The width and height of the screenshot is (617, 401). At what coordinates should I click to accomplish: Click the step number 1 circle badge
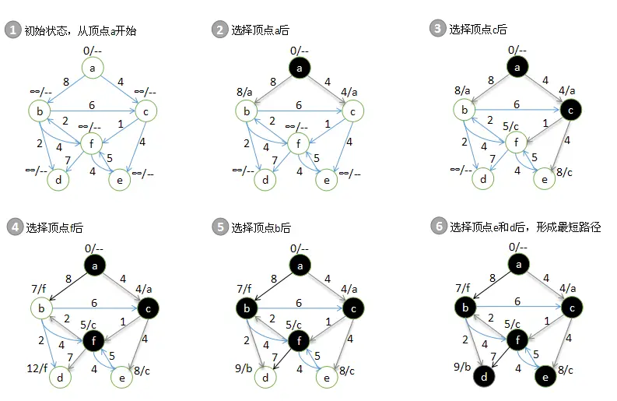pyautogui.click(x=12, y=30)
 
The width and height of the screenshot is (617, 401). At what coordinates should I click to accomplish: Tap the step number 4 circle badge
pyautogui.click(x=12, y=227)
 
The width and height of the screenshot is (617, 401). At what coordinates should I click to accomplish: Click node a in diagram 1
pyautogui.click(x=93, y=69)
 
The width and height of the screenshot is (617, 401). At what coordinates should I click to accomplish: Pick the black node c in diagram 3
pyautogui.click(x=571, y=111)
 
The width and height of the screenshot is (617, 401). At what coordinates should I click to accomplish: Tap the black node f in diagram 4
pyautogui.click(x=93, y=339)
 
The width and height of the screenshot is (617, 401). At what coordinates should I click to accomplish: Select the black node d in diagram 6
pyautogui.click(x=483, y=378)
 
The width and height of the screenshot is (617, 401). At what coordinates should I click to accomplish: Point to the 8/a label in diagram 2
pyautogui.click(x=244, y=92)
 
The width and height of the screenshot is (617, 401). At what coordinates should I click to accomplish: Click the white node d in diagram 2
pyautogui.click(x=266, y=180)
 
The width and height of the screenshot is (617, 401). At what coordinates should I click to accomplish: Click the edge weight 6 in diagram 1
pyautogui.click(x=92, y=105)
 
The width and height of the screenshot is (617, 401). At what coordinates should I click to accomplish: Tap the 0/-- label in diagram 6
pyautogui.click(x=517, y=247)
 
